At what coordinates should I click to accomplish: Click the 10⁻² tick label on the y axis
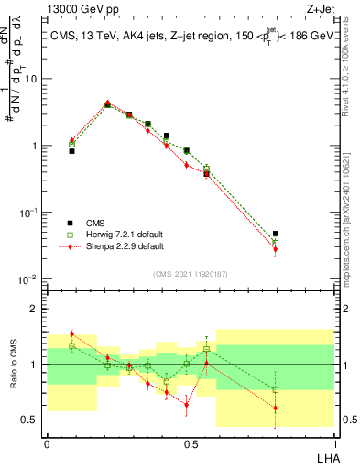(30, 279)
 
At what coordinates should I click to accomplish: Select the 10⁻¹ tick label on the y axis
(30, 213)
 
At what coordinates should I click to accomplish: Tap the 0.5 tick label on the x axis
(191, 443)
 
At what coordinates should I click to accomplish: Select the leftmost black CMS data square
(72, 150)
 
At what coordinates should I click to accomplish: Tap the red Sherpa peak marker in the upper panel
(108, 104)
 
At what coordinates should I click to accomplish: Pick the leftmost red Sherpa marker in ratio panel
(72, 333)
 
